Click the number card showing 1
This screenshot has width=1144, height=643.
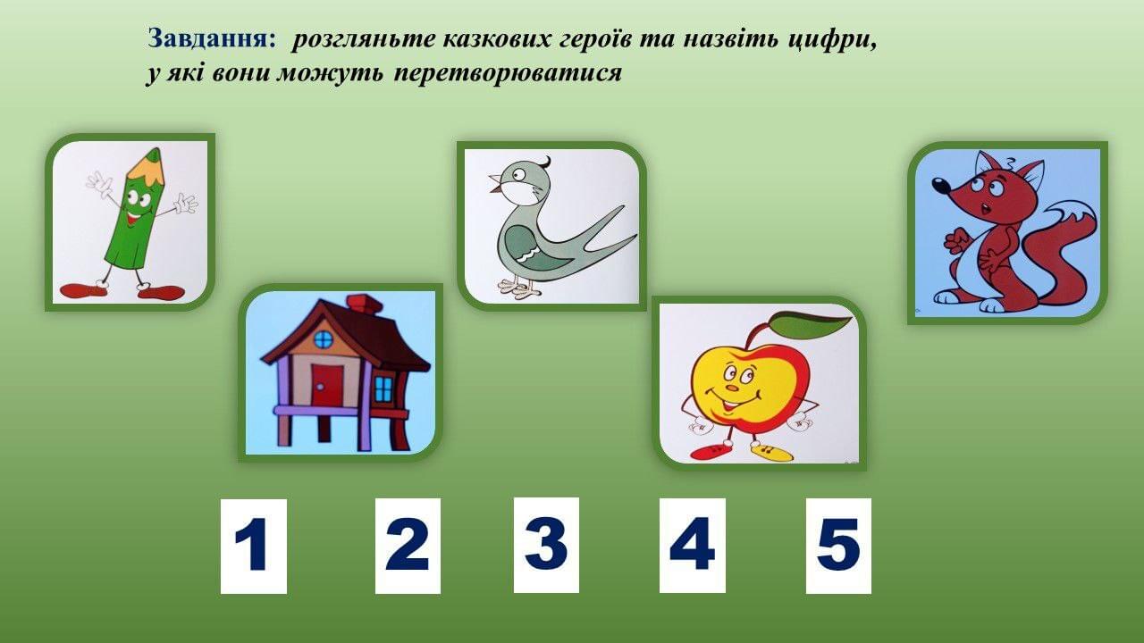point(254,546)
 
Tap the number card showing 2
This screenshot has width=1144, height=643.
point(408,546)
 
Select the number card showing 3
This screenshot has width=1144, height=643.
point(546,545)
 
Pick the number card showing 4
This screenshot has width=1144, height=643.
point(692,545)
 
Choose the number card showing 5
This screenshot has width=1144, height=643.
point(838,546)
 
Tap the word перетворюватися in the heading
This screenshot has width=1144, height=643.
point(508,73)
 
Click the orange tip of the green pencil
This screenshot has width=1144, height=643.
point(146,167)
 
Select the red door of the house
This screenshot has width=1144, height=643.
point(327,385)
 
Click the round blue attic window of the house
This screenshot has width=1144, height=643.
point(323,339)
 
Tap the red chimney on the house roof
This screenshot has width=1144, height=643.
point(364,303)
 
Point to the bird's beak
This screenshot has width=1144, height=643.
point(495,183)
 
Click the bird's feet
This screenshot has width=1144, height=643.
point(519,289)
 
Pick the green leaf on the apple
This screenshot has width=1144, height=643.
point(811,324)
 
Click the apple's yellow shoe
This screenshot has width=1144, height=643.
point(772,452)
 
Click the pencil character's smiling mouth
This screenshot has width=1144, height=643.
point(133,220)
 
